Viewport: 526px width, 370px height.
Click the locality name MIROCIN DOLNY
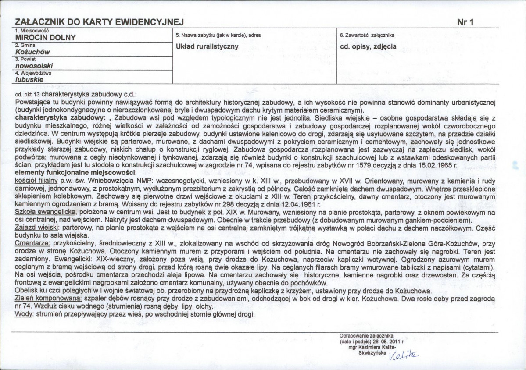(x=45, y=38)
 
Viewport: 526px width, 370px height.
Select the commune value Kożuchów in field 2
(x=32, y=52)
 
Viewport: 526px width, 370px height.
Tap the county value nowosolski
(x=34, y=66)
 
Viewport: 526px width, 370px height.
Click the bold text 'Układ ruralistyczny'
(x=207, y=46)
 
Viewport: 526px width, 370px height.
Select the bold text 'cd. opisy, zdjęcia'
(x=368, y=46)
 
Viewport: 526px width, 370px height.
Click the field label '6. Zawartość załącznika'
(x=368, y=35)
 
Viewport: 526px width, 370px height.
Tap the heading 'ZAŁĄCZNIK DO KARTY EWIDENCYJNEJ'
(x=99, y=22)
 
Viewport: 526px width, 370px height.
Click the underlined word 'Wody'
(x=23, y=315)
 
